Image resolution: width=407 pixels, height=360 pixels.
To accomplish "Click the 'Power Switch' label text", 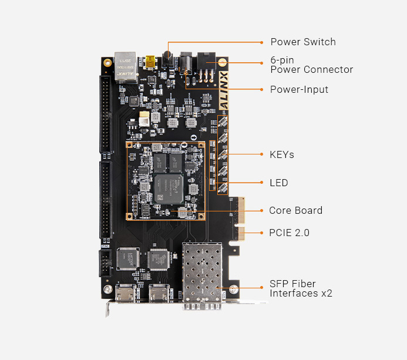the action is click(303, 42).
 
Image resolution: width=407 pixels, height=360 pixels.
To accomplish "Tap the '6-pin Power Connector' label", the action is click(311, 65).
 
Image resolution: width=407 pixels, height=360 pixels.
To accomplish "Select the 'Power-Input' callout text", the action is click(299, 89).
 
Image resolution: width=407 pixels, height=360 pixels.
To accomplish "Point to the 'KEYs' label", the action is click(282, 154).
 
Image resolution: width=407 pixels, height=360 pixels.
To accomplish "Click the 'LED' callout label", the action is click(279, 183).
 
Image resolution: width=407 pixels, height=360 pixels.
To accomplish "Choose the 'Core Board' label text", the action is click(295, 210).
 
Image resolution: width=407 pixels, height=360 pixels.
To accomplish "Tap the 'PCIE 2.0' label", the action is click(289, 233).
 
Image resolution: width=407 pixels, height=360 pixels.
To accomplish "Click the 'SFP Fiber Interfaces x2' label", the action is click(301, 288).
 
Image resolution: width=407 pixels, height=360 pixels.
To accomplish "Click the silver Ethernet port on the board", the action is click(126, 67).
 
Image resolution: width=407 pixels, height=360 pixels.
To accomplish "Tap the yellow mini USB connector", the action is click(150, 62).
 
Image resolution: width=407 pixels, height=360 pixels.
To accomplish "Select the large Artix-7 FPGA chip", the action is click(169, 189).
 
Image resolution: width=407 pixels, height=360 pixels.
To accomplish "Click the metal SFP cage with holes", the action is click(202, 275).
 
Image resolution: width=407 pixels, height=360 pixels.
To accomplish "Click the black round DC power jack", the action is click(186, 63).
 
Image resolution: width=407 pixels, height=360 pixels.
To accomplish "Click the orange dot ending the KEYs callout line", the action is click(262, 154).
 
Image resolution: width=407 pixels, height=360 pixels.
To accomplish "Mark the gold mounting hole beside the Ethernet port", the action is click(107, 63).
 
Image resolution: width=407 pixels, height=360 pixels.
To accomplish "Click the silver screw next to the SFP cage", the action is click(234, 289).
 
